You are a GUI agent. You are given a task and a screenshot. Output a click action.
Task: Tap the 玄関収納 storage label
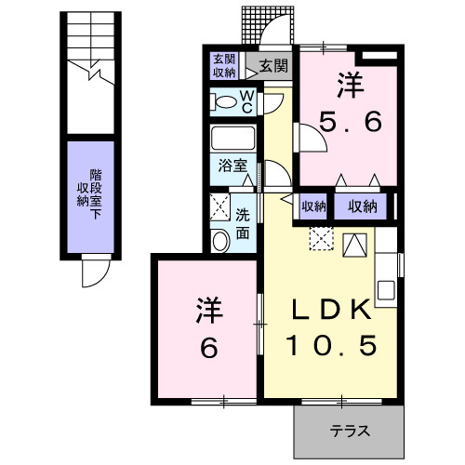224,65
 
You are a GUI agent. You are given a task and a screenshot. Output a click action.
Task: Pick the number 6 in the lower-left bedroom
206,348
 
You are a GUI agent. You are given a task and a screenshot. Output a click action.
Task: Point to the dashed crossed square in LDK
321,239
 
